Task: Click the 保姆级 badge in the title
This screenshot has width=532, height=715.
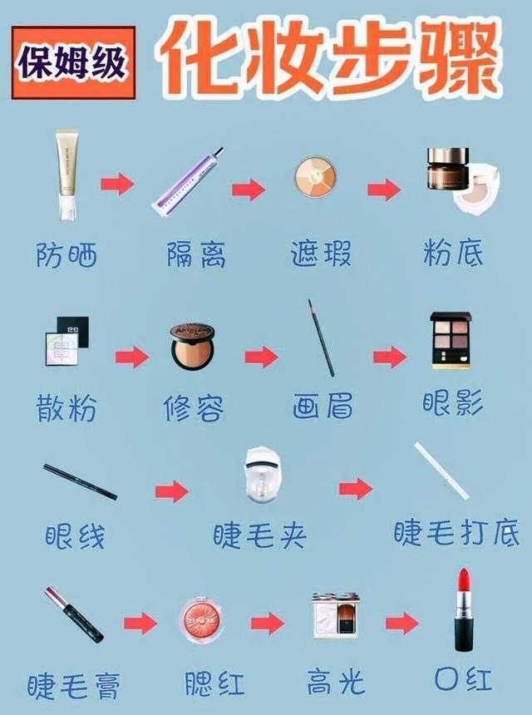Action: click(x=73, y=64)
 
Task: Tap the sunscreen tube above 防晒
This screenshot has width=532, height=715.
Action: click(x=67, y=176)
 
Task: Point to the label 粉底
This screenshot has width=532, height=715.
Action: click(x=453, y=253)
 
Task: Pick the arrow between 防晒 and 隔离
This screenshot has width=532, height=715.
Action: click(x=117, y=184)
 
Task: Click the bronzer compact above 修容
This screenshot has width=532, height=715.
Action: click(x=192, y=346)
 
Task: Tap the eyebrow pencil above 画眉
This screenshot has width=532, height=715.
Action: click(x=321, y=338)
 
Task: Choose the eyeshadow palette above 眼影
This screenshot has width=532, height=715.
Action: click(x=450, y=340)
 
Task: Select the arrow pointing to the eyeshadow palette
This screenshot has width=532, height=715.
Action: click(x=388, y=357)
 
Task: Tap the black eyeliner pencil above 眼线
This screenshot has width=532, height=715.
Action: click(x=80, y=482)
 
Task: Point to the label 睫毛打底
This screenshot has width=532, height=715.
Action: click(x=456, y=533)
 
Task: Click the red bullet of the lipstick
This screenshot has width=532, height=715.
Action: click(x=463, y=583)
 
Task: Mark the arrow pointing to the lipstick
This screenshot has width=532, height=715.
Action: click(x=401, y=622)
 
